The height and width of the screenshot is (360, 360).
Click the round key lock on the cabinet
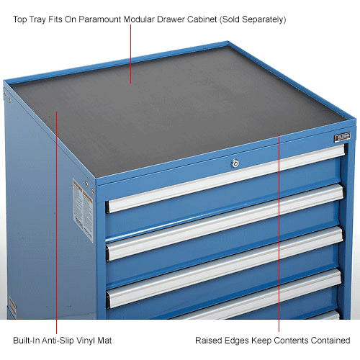click(235, 164)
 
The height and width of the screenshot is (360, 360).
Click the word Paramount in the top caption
click(127, 19)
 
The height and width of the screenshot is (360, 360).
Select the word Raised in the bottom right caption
click(208, 340)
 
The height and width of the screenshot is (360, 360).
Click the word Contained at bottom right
click(330, 340)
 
